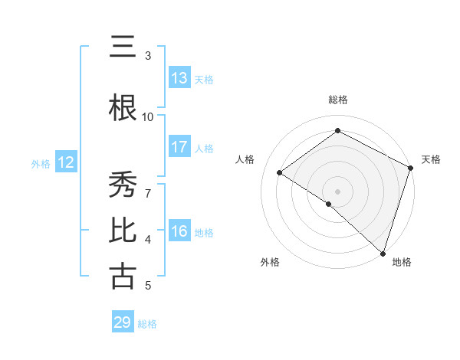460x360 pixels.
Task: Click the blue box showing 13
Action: (179, 78)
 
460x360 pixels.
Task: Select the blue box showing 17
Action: (179, 147)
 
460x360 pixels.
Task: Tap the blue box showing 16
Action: (179, 231)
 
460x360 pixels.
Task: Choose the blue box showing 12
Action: (66, 162)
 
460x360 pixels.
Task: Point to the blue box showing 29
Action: (123, 322)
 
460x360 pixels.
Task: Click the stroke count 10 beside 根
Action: (148, 116)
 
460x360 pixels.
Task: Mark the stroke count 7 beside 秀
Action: (148, 185)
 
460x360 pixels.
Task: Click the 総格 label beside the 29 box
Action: (147, 324)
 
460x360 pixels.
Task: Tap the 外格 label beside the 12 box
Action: (41, 163)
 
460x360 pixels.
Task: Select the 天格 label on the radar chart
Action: (431, 159)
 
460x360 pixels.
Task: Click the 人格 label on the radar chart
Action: (245, 159)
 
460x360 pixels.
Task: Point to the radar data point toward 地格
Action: (383, 253)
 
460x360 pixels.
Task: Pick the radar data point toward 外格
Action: (328, 204)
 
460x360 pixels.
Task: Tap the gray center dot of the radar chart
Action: (337, 191)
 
